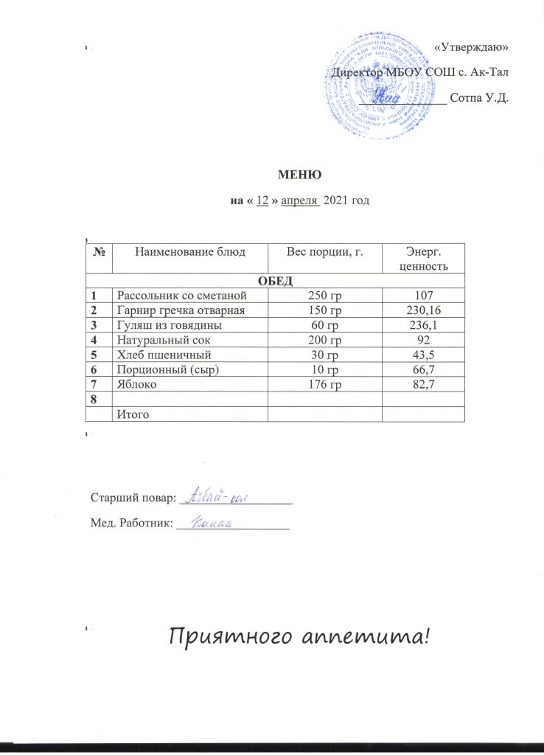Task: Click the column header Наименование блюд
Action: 188,252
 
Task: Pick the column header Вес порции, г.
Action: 325,252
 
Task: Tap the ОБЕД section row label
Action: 276,279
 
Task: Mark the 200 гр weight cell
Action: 325,340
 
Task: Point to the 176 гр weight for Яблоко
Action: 325,384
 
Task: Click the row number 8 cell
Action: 95,399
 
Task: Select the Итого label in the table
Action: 133,414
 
